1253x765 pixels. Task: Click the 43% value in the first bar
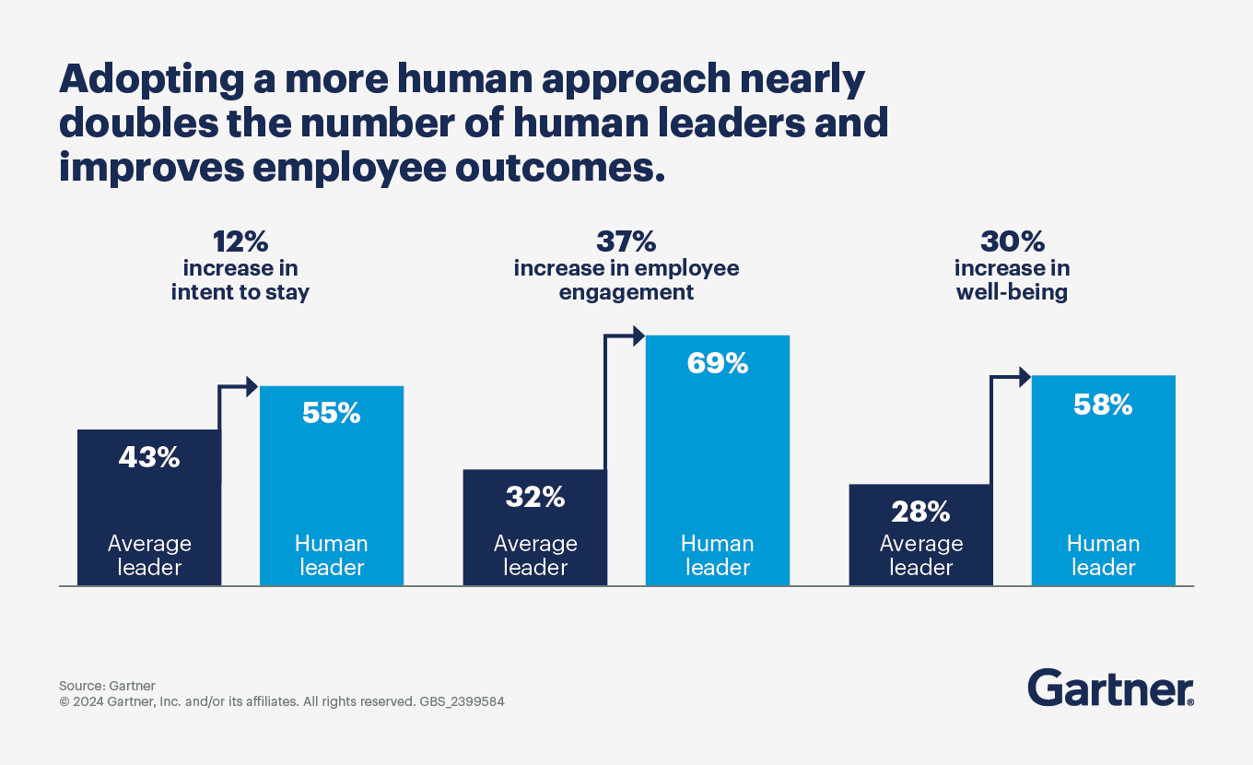[x=149, y=457]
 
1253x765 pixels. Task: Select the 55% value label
[x=332, y=413]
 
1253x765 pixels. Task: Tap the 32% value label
[x=535, y=497]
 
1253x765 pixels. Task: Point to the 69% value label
[x=718, y=363]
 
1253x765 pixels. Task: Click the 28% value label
[x=920, y=511]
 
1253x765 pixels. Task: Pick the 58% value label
[x=1103, y=404]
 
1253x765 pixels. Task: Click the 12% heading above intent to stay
[x=240, y=242]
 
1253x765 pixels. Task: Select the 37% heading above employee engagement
[x=626, y=242]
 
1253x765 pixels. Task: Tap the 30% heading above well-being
[x=1012, y=242]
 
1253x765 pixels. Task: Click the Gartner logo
[x=1110, y=688]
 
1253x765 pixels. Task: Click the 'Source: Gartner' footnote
[x=107, y=686]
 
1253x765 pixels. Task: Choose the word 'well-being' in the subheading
[x=1012, y=293]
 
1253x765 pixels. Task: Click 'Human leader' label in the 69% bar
[x=718, y=555]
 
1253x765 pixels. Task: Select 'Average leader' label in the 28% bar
[x=920, y=555]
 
